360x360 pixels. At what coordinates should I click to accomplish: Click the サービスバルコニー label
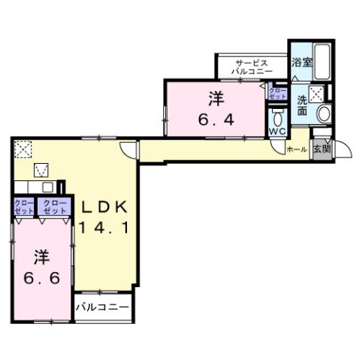click(x=252, y=67)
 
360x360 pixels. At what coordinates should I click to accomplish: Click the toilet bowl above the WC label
click(x=278, y=118)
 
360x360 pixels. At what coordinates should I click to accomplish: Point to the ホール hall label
click(x=296, y=150)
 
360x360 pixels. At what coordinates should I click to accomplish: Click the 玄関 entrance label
click(x=321, y=149)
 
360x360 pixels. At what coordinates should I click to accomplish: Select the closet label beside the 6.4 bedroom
click(x=277, y=94)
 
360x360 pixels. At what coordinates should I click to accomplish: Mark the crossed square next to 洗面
click(x=317, y=94)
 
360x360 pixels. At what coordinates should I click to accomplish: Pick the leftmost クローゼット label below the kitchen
click(x=21, y=207)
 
